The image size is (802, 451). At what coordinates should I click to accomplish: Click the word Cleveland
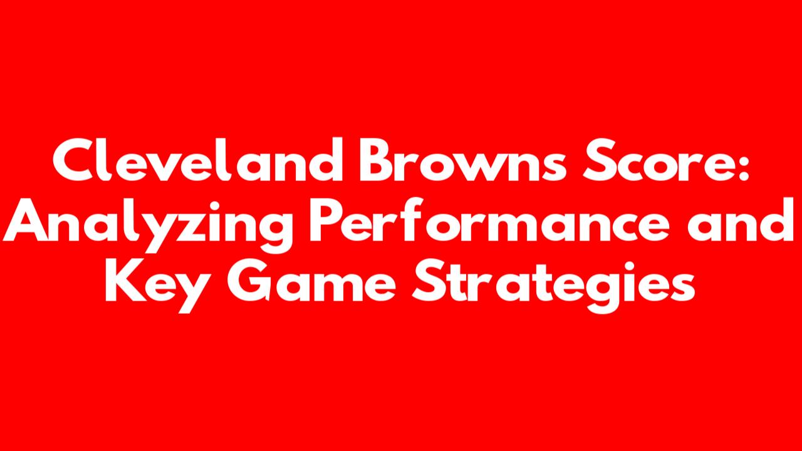click(x=198, y=159)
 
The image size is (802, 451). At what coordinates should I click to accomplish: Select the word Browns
click(x=463, y=160)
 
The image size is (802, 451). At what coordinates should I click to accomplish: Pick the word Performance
click(x=489, y=220)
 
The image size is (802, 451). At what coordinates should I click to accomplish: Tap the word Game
click(x=311, y=280)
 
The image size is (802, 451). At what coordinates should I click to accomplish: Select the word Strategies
click(x=553, y=286)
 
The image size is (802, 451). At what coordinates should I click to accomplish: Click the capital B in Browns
click(x=376, y=160)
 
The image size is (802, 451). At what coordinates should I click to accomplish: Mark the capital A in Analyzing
click(x=25, y=220)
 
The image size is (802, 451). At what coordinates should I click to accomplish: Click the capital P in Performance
click(x=327, y=220)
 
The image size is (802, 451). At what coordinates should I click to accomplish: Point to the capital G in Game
click(x=249, y=281)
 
